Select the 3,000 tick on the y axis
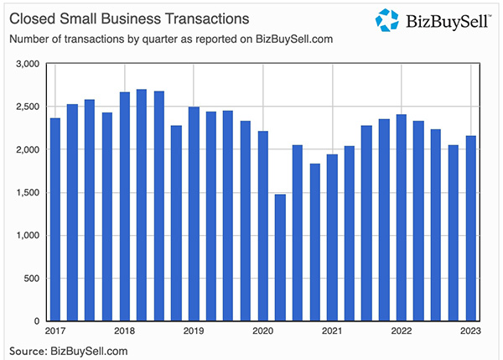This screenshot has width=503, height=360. coord(28,64)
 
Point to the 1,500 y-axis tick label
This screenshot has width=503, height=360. coord(28,192)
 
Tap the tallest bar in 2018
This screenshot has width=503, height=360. coord(142,205)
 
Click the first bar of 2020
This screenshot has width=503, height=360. coord(263,226)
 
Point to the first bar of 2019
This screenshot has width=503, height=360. coord(194,214)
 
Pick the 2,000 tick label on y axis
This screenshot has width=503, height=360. coord(28,149)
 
